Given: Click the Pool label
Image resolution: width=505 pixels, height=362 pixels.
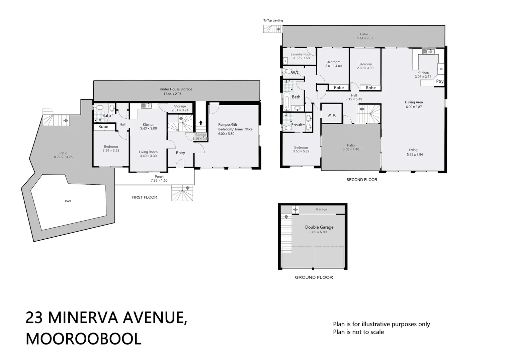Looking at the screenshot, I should point(68,201).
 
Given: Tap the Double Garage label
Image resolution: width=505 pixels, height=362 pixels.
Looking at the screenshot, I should point(319,227).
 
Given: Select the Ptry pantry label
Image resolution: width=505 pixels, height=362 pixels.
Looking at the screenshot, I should point(439,81).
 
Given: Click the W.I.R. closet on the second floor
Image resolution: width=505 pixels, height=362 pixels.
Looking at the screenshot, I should point(331,115).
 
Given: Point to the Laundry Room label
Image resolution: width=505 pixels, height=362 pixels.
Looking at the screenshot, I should point(301,54).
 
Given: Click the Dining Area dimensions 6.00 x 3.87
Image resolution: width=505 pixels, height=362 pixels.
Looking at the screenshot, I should point(414,107).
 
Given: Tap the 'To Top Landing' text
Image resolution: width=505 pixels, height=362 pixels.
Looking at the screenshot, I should point(273,21).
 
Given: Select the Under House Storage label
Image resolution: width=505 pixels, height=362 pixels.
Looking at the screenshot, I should point(176,89).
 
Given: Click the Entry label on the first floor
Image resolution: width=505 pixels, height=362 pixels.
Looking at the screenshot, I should point(180,153).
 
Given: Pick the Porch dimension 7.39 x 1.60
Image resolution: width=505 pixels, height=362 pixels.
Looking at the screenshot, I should point(159,181).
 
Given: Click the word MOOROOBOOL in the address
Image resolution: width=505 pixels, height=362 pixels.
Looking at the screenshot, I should point(83,339).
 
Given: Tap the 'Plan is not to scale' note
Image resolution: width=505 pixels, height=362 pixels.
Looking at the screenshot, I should point(358,332).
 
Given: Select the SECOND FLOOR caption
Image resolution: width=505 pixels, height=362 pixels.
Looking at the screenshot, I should point(361,180).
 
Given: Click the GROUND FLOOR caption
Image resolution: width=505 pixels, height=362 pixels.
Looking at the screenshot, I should point(314,277).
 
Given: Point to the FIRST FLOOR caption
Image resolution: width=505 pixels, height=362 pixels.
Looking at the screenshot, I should point(144,197).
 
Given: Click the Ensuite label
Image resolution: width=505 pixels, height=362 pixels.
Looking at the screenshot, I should point(298,125).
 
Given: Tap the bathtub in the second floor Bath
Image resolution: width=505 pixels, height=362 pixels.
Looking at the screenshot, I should point(286,102).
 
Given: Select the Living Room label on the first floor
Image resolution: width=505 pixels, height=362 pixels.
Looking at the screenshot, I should point(148,152).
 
